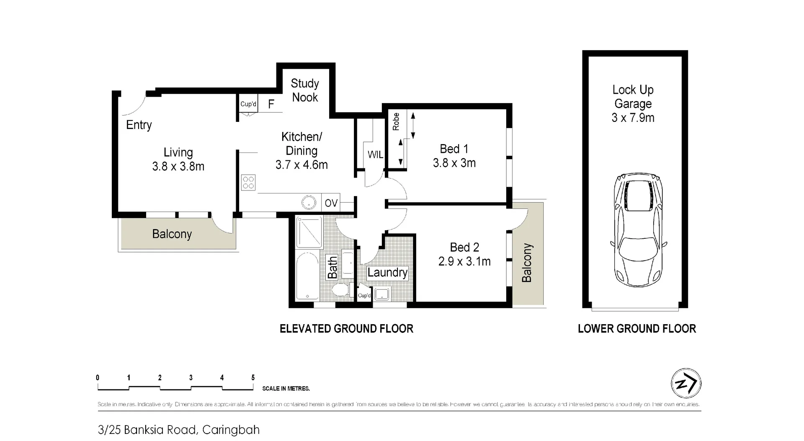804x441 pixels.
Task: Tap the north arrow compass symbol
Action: pos(686,383)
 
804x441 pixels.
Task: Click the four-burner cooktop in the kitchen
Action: pos(248,183)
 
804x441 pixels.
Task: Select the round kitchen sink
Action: pos(309,203)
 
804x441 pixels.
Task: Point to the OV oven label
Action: pos(331,203)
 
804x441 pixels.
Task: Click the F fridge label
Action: pos(271,104)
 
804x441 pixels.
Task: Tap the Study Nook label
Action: pos(305,90)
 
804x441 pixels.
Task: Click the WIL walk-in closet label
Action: pos(375,155)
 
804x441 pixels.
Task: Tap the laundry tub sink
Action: pos(382,294)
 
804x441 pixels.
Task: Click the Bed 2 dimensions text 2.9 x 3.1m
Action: pos(464,261)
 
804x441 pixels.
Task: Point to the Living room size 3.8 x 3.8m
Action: pos(178,166)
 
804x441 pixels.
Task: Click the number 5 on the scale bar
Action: pos(253,377)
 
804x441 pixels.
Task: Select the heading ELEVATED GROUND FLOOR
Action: pos(346,329)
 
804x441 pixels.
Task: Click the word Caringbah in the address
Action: pos(231,430)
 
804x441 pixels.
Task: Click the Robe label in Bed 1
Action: pos(396,121)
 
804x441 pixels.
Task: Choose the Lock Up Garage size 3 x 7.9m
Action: pos(633,118)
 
